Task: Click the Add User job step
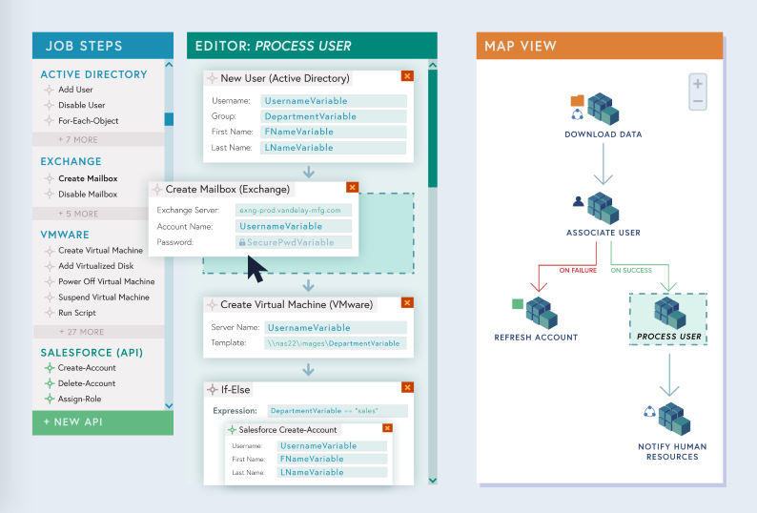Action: (x=75, y=90)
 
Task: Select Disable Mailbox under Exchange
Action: (x=88, y=194)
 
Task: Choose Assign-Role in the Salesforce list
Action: (x=79, y=399)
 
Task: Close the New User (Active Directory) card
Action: (x=407, y=76)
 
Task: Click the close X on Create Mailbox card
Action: (x=352, y=188)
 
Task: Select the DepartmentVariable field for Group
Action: (x=334, y=116)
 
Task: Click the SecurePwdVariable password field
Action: (x=294, y=242)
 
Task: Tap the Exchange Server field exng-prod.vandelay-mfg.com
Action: (x=294, y=210)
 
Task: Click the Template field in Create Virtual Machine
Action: (x=335, y=343)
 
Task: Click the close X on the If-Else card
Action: (x=407, y=388)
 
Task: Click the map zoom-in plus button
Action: (x=698, y=83)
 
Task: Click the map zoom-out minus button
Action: (x=698, y=101)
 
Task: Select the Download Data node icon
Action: (x=603, y=110)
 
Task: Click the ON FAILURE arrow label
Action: (x=578, y=270)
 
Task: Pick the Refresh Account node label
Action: (x=536, y=337)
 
